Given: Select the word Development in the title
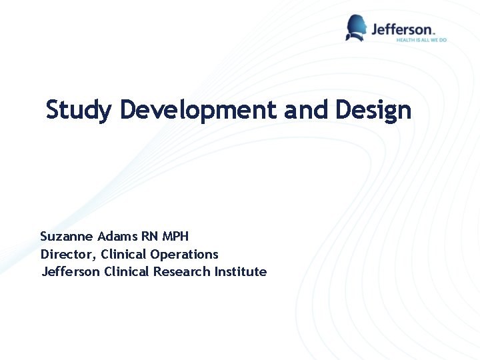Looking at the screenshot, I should pyautogui.click(x=198, y=109).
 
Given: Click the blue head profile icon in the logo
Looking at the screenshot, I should pyautogui.click(x=356, y=28).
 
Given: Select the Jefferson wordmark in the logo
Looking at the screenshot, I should pyautogui.click(x=403, y=29).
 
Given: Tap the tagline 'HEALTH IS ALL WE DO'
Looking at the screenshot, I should pyautogui.click(x=421, y=40).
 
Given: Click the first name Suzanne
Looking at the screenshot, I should pyautogui.click(x=67, y=237).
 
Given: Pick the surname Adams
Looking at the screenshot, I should pyautogui.click(x=117, y=237).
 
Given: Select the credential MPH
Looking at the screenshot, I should pyautogui.click(x=175, y=237).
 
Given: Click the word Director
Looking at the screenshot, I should pyautogui.click(x=67, y=255).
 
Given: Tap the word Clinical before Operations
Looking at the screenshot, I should pyautogui.click(x=124, y=255).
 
